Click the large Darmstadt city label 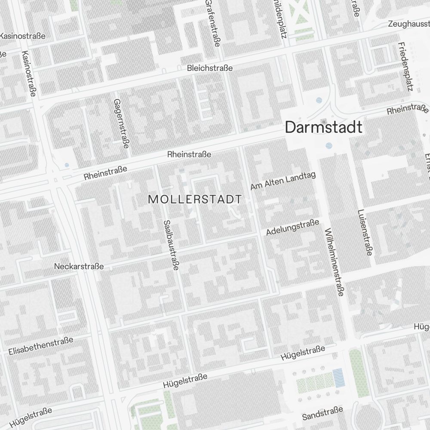[323, 127]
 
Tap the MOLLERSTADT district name [194, 200]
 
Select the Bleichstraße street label [210, 68]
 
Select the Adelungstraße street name [292, 227]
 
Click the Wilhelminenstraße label [335, 262]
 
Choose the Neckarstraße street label [79, 267]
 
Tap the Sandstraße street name [322, 413]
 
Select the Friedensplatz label [405, 67]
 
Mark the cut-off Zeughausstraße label [408, 24]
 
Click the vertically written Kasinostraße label [29, 74]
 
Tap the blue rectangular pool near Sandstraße [339, 378]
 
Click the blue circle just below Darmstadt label [329, 145]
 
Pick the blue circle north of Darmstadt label [319, 100]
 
